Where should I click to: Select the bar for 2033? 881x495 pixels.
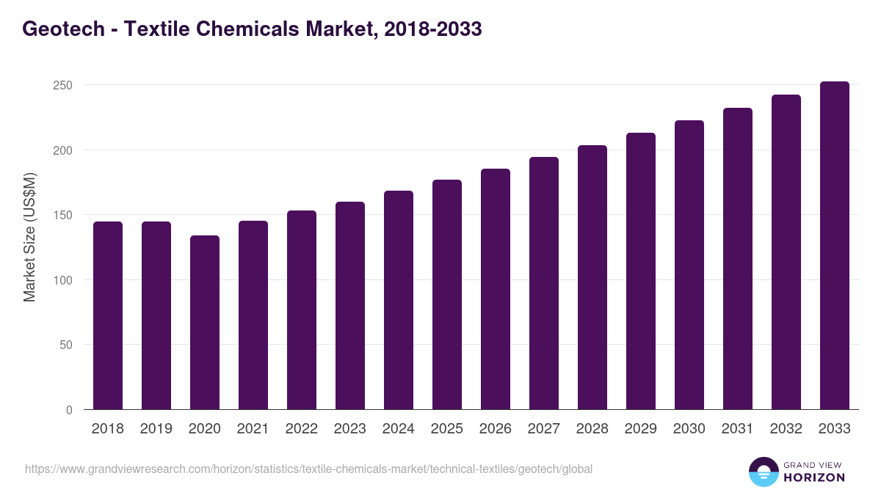(x=834, y=246)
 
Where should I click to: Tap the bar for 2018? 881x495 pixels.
(x=107, y=315)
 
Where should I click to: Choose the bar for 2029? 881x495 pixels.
(x=640, y=271)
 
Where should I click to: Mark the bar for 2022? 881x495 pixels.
(x=301, y=310)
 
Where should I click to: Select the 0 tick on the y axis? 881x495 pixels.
(x=68, y=410)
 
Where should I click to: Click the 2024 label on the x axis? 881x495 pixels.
(x=398, y=429)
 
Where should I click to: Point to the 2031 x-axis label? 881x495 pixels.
(x=737, y=429)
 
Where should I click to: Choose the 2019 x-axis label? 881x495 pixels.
(x=156, y=429)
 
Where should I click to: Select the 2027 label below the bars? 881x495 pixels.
(x=543, y=429)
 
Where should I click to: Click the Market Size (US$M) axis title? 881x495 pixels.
(x=29, y=237)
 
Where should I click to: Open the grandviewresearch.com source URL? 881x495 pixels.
(x=308, y=469)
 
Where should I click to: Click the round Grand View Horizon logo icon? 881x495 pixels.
(x=763, y=472)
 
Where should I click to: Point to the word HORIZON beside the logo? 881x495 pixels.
(x=814, y=477)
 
